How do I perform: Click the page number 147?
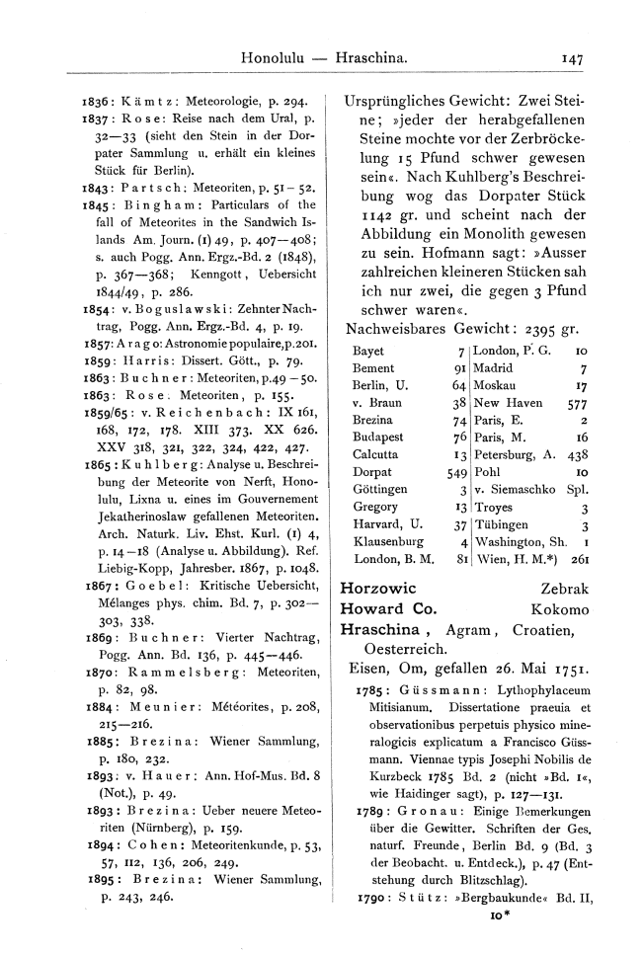[x=570, y=60]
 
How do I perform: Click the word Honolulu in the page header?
[x=278, y=60]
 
